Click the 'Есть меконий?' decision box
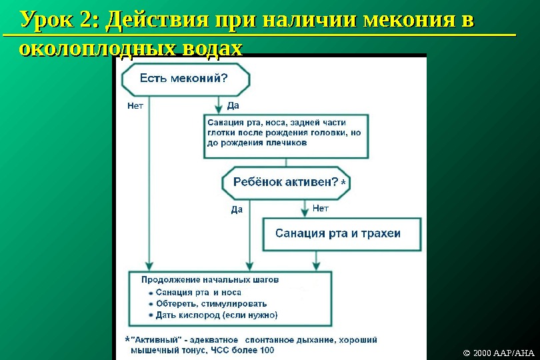coord(185,79)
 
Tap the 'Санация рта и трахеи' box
coord(342,234)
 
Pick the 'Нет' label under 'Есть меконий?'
coord(135,105)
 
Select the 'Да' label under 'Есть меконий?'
coord(233,105)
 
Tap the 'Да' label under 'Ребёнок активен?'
coord(237,209)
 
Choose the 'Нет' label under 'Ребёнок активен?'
coord(321,209)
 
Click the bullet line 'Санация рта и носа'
coord(198,293)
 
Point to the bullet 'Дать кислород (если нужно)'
coord(216,315)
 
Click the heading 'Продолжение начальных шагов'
coord(210,280)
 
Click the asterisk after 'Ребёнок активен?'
coord(343,182)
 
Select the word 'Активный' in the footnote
coord(154,339)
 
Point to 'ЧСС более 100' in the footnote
coord(243,350)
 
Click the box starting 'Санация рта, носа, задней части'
coord(286,137)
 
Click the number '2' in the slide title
coord(87,20)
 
